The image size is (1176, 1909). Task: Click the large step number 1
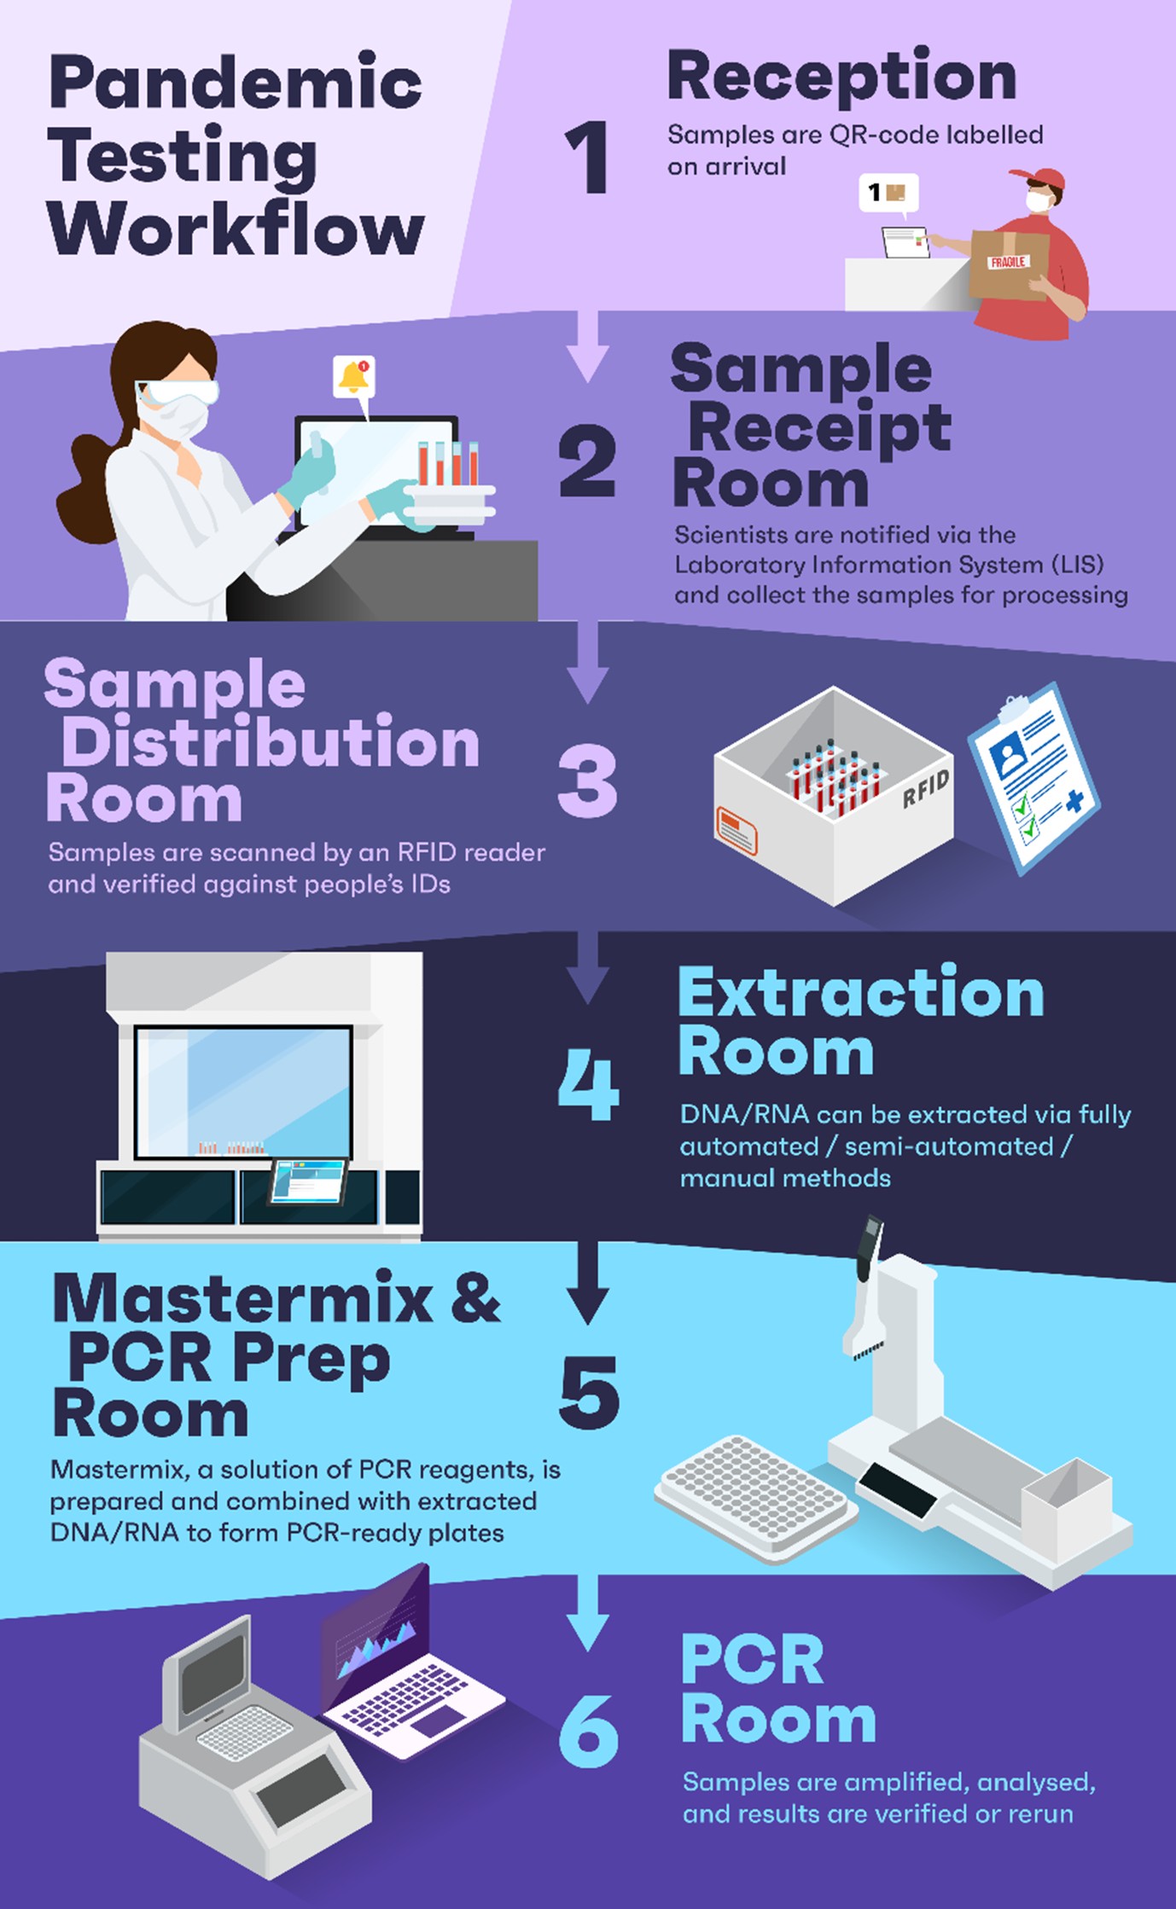(587, 157)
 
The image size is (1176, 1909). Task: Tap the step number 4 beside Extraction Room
(588, 1088)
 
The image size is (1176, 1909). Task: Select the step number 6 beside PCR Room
(588, 1731)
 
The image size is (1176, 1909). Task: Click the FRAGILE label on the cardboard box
(1008, 262)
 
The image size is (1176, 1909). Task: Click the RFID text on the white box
(926, 788)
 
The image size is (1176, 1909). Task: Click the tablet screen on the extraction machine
(308, 1181)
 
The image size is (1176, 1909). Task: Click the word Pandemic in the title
(236, 84)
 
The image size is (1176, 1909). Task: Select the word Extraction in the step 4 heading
(861, 994)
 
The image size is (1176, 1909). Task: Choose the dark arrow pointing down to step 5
(588, 1284)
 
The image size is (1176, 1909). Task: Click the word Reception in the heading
(841, 77)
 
